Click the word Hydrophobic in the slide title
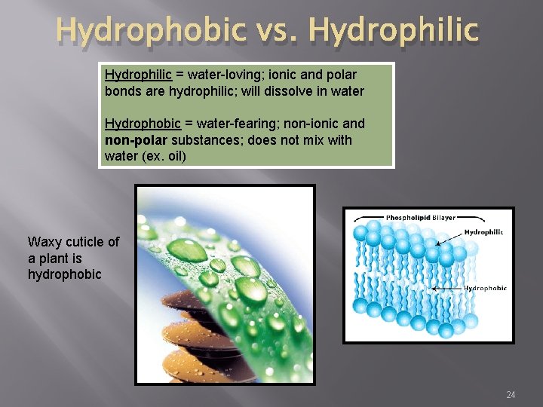click(150, 32)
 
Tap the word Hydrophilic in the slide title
click(393, 32)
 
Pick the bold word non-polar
click(137, 140)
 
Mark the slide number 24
click(511, 395)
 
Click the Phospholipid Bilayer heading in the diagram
click(420, 218)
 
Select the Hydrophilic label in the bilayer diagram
click(484, 232)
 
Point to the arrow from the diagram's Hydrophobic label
click(446, 288)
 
